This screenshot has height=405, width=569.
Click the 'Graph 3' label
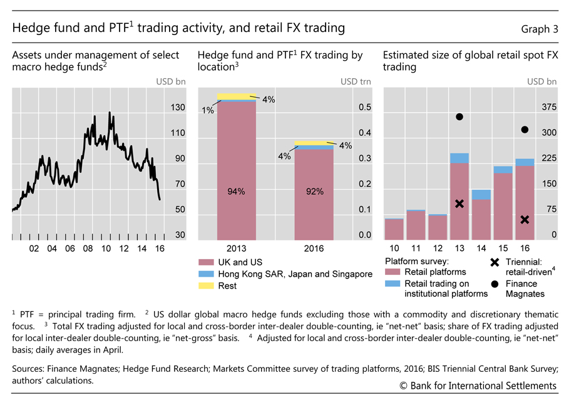click(x=539, y=29)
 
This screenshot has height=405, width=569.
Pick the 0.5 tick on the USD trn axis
click(x=364, y=108)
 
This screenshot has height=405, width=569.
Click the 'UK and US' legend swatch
click(x=205, y=262)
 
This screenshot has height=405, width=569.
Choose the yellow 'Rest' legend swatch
click(x=205, y=286)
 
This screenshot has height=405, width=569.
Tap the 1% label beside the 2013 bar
click(x=208, y=111)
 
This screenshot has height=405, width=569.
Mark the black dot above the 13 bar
click(x=459, y=117)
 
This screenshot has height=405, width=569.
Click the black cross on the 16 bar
click(x=525, y=219)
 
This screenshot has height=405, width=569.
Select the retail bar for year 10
click(x=394, y=229)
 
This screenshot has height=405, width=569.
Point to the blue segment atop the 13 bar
click(x=459, y=158)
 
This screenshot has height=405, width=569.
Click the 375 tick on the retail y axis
click(x=548, y=108)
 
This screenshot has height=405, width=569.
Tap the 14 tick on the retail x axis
click(x=481, y=249)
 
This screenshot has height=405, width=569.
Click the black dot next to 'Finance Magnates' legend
click(x=495, y=284)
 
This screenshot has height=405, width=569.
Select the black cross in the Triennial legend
click(x=495, y=262)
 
